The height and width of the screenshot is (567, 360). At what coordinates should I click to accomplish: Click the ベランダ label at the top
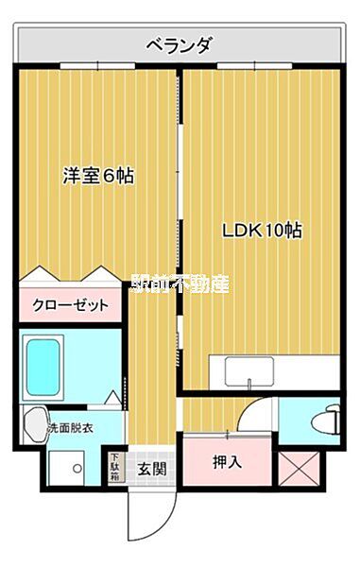click(x=179, y=44)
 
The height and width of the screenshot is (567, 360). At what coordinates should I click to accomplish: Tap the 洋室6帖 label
click(x=98, y=176)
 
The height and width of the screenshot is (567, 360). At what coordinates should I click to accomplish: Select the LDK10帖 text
click(x=262, y=230)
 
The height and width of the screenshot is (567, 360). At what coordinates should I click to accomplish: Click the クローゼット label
click(x=71, y=304)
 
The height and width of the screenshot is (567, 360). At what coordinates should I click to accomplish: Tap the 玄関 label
click(x=151, y=468)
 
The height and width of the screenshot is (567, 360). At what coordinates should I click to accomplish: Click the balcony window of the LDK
click(x=253, y=66)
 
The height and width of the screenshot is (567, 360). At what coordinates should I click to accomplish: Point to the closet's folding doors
click(x=71, y=275)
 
